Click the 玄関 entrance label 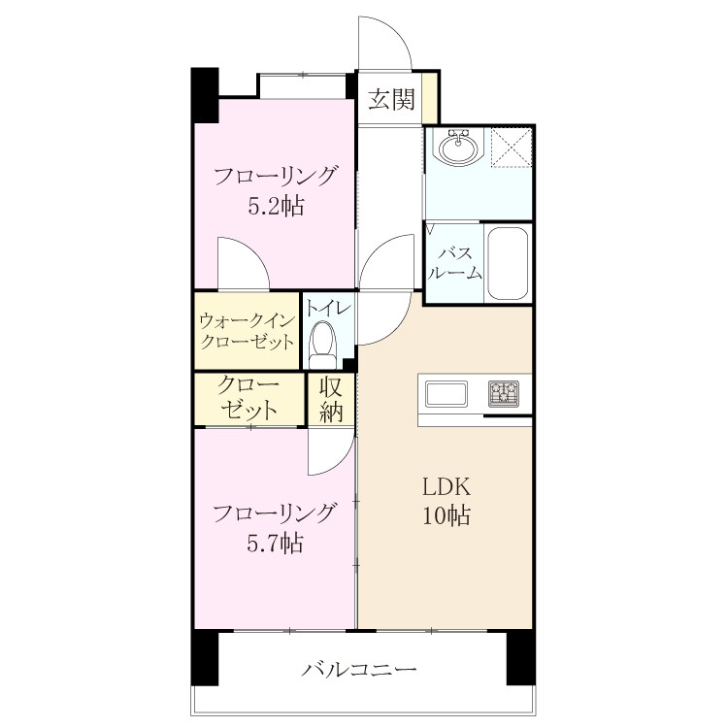point(391,99)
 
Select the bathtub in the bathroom point(508,263)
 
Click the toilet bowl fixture point(322,344)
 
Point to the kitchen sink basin point(447,394)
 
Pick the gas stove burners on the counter point(503,393)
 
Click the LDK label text point(447,487)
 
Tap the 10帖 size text point(447,515)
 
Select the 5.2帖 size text point(276,206)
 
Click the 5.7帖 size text point(275,543)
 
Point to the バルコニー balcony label point(359,670)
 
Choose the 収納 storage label point(331,399)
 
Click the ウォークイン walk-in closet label point(247,320)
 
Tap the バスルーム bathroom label point(455,263)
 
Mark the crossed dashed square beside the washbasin point(512,147)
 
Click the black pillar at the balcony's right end point(520,657)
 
